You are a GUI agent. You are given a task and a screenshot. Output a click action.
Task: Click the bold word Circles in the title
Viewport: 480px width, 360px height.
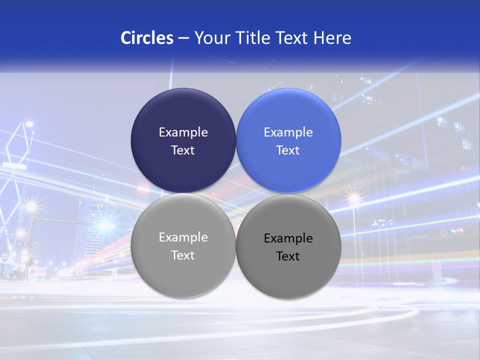(x=147, y=38)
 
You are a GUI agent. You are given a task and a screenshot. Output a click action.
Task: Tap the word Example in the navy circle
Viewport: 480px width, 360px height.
(x=183, y=132)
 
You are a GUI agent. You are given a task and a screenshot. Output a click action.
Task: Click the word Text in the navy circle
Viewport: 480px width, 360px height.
(x=183, y=150)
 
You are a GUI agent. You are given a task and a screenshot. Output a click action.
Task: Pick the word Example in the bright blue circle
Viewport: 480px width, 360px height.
(x=288, y=132)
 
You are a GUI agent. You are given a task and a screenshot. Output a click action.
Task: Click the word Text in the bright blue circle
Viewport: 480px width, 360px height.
(x=288, y=150)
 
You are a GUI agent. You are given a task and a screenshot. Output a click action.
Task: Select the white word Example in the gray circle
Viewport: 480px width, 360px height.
(x=183, y=237)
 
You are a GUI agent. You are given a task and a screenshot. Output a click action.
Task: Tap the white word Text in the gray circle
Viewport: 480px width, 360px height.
(x=183, y=255)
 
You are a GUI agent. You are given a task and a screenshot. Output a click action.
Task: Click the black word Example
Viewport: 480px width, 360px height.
(x=288, y=238)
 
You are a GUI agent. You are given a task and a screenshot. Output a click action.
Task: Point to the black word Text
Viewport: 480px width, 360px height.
(x=288, y=256)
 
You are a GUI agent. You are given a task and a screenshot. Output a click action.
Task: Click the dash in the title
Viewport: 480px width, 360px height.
(x=183, y=38)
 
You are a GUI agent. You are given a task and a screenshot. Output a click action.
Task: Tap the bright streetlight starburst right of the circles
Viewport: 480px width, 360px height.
(x=354, y=199)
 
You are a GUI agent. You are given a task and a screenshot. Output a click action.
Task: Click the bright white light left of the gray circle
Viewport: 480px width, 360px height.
(x=105, y=225)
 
